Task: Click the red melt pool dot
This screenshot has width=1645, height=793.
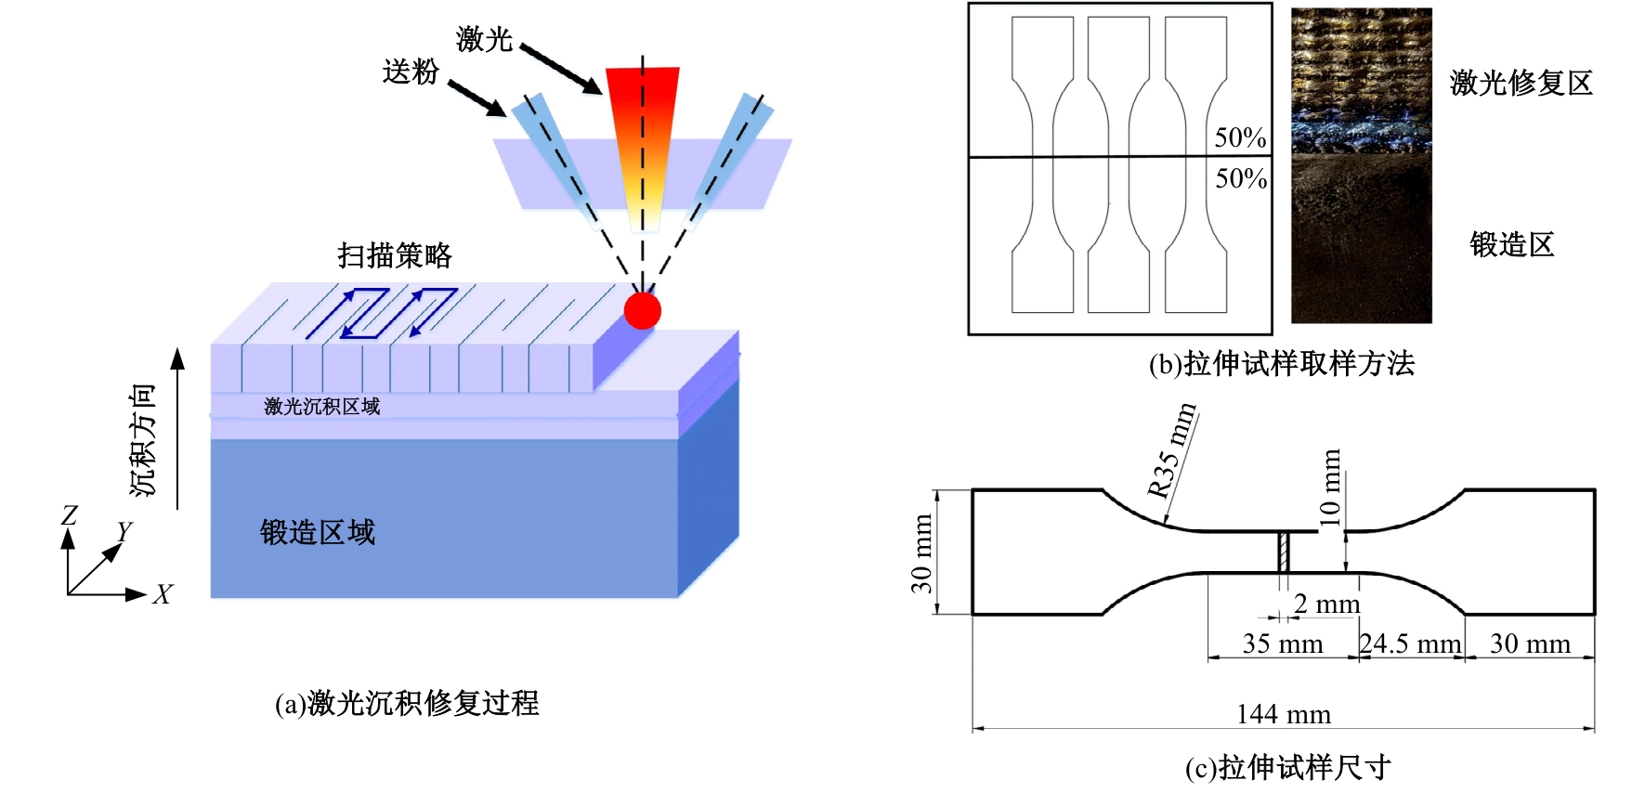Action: [642, 310]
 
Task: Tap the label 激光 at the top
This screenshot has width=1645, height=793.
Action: [484, 39]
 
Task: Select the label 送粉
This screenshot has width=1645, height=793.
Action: [410, 71]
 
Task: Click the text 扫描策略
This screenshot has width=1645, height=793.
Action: [395, 255]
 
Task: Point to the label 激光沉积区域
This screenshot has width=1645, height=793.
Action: [321, 407]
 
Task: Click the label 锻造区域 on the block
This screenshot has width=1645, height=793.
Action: [318, 532]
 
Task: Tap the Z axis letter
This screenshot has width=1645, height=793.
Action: [70, 515]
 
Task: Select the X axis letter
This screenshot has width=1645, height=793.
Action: [163, 594]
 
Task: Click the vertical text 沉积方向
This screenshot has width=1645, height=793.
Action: [142, 440]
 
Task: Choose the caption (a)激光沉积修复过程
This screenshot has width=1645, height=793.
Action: [407, 703]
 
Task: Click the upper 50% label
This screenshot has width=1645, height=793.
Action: [1240, 137]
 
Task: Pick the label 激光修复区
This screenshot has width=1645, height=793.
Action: [1521, 84]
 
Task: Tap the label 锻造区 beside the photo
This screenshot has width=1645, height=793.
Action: [1511, 245]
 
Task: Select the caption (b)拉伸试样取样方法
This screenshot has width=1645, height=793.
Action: [1281, 363]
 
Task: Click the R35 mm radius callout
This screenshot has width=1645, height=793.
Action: [1171, 450]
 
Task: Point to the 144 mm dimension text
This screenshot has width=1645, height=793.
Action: [1284, 714]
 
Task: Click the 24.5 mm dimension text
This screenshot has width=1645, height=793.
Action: [1410, 643]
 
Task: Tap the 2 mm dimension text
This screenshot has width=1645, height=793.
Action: [1326, 604]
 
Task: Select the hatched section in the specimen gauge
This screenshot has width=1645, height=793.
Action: [1284, 552]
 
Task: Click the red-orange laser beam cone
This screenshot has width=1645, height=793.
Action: [642, 139]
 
